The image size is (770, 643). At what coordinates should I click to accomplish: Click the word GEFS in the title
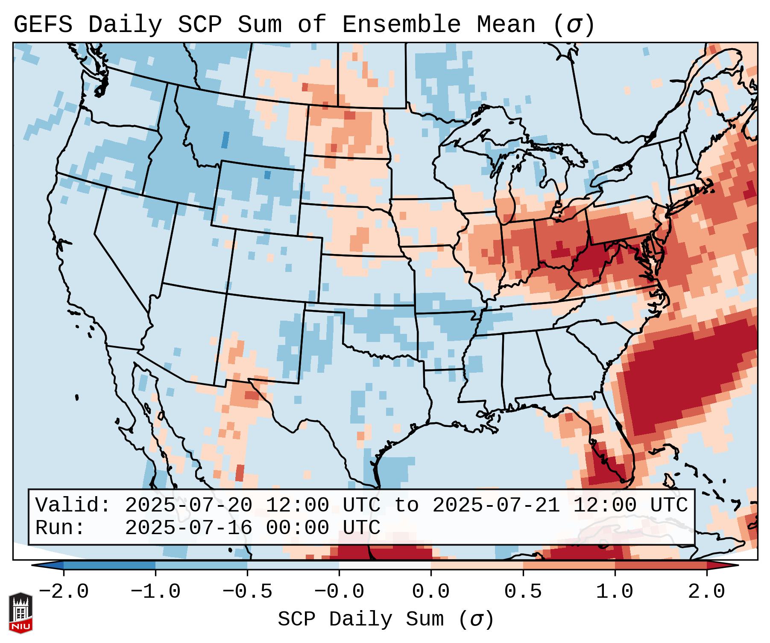click(x=43, y=25)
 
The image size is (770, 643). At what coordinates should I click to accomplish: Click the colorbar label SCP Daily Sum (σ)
click(x=386, y=620)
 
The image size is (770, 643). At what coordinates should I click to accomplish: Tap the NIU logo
click(x=20, y=613)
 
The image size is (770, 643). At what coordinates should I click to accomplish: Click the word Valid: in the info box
click(x=73, y=505)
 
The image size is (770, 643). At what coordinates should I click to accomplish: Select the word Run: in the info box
click(x=60, y=528)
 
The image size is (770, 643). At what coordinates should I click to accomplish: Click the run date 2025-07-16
click(x=188, y=528)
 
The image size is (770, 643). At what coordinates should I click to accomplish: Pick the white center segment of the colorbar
click(x=385, y=565)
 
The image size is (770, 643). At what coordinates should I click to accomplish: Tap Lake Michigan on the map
click(x=506, y=188)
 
